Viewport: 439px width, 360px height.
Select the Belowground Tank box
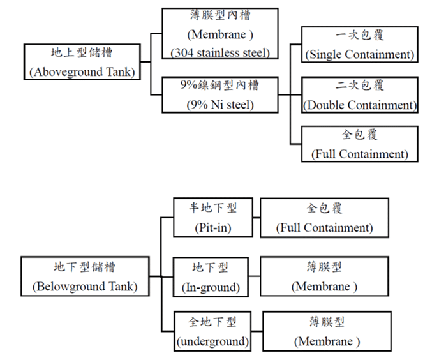point(84,276)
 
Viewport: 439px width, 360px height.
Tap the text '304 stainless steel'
point(220,52)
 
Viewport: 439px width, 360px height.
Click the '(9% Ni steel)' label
point(219,105)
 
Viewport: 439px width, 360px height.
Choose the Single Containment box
point(359,45)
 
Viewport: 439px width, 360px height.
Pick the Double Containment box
point(360,95)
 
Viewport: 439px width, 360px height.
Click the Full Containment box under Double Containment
point(359,144)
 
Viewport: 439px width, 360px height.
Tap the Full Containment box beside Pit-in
point(324,218)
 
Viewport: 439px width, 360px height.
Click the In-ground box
point(210,276)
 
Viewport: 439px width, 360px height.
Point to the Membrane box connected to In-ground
point(324,276)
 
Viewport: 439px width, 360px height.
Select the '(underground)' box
point(212,331)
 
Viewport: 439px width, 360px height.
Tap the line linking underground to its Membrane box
point(256,331)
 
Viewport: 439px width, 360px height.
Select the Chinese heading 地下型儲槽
point(84,267)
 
